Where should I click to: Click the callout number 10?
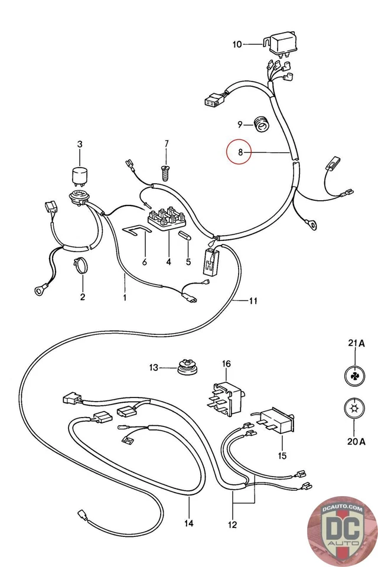tap(236, 44)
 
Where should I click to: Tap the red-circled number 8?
tap(240, 153)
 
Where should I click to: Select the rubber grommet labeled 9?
tap(261, 124)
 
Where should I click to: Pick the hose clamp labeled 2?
tap(82, 266)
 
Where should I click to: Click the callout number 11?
tap(253, 301)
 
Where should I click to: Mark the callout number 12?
tap(232, 524)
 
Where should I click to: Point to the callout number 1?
tap(125, 297)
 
